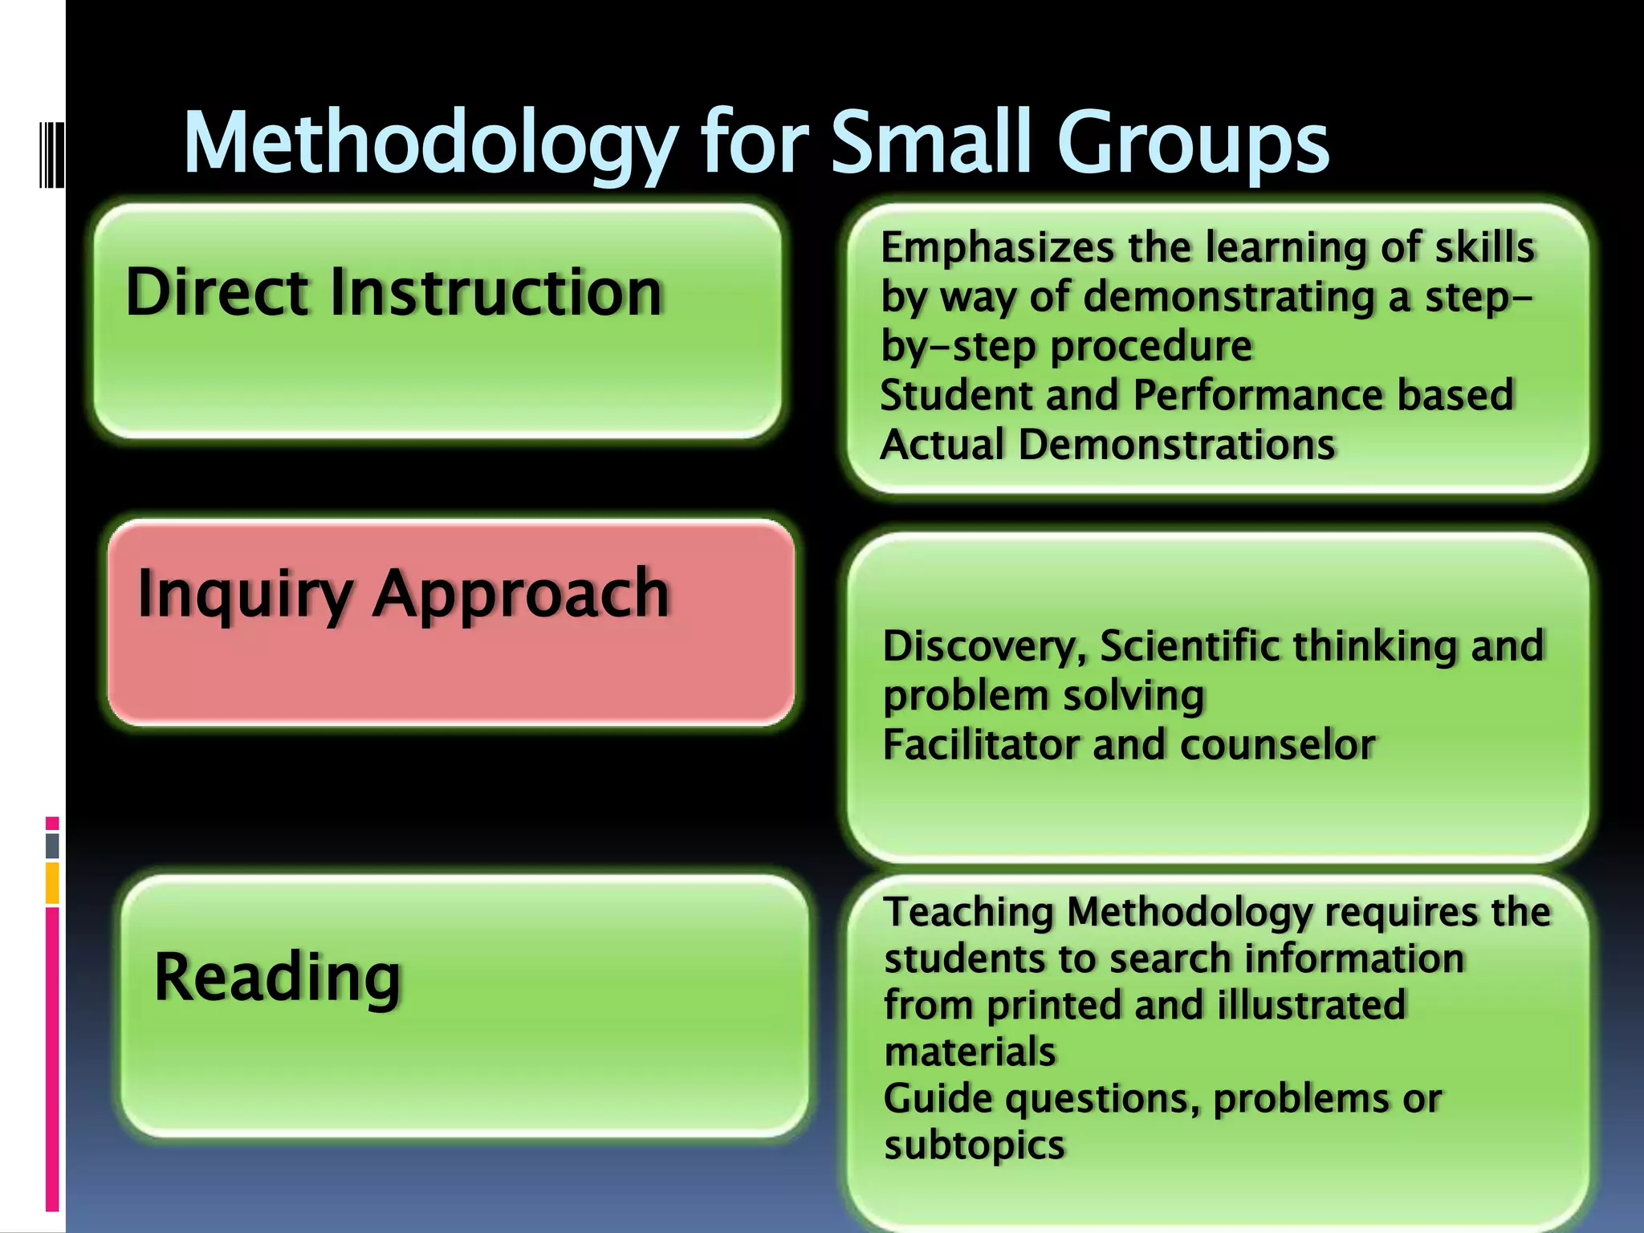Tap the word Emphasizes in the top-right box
tap(996, 248)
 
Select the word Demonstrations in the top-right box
tap(1176, 445)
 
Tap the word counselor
tap(1278, 745)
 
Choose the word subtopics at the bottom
tap(974, 1146)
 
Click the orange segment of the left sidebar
tap(52, 883)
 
